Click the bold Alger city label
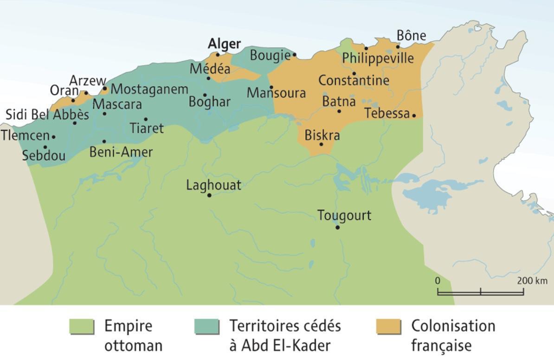pos(224,44)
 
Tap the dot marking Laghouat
pos(209,195)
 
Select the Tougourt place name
pos(344,216)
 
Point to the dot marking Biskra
pos(321,144)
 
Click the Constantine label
pos(354,81)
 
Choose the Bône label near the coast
pos(411,36)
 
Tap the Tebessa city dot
pos(414,116)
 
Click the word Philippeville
pos(378,58)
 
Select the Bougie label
pos(270,56)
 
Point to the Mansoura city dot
pos(271,87)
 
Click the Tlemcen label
pos(25,136)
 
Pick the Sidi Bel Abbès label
pos(47,115)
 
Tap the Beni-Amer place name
pos(121,152)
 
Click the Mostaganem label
pos(149,89)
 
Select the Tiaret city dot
pos(146,119)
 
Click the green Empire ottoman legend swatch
pos(82,327)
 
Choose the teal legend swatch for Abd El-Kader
pos(206,327)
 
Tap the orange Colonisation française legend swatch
pos(388,327)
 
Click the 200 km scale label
pos(532,281)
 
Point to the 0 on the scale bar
pos(438,281)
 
